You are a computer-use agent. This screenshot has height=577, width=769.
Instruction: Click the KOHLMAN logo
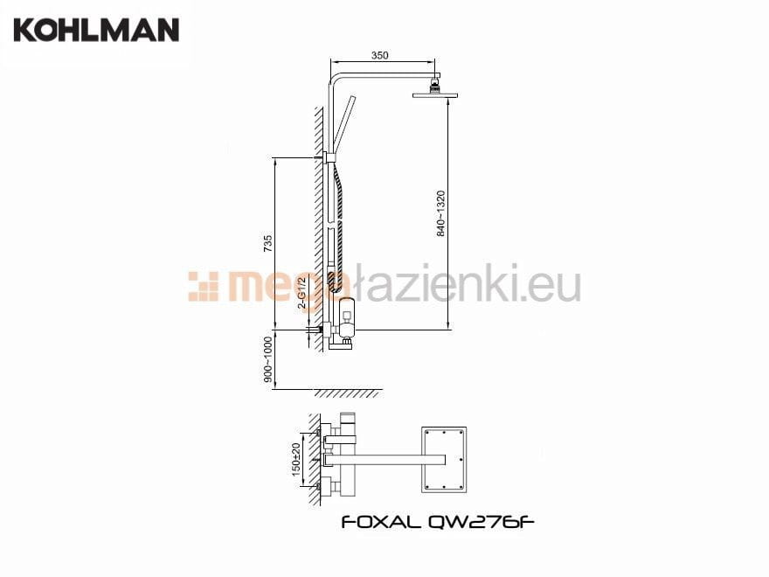pos(97,30)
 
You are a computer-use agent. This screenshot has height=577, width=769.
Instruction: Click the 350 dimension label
pos(379,55)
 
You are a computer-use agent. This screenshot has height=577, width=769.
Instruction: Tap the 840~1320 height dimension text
pos(441,214)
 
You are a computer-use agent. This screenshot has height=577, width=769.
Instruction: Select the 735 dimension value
pos(267,244)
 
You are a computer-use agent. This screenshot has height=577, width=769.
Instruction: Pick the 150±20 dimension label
pos(295,459)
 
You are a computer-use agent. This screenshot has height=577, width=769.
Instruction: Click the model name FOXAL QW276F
pos(438,522)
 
